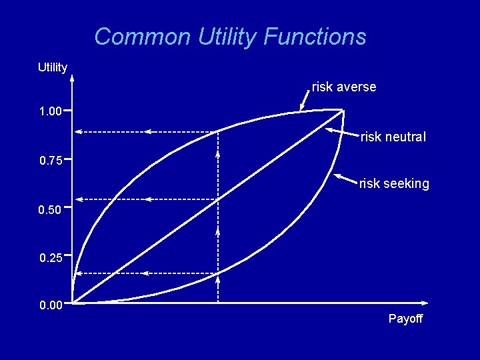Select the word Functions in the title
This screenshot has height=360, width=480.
(x=315, y=36)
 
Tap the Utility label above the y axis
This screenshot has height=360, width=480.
(x=53, y=67)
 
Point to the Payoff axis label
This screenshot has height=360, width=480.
(x=405, y=319)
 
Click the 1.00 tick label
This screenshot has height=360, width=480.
(x=51, y=111)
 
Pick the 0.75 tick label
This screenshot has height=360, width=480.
(x=51, y=161)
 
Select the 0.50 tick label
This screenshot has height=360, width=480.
(x=51, y=211)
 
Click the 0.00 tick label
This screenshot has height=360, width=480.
(x=51, y=305)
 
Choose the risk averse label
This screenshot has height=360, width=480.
(x=344, y=87)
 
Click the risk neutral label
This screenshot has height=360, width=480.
(x=393, y=137)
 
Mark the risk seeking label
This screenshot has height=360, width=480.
(x=394, y=183)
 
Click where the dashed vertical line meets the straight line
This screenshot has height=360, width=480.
(x=219, y=199)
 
